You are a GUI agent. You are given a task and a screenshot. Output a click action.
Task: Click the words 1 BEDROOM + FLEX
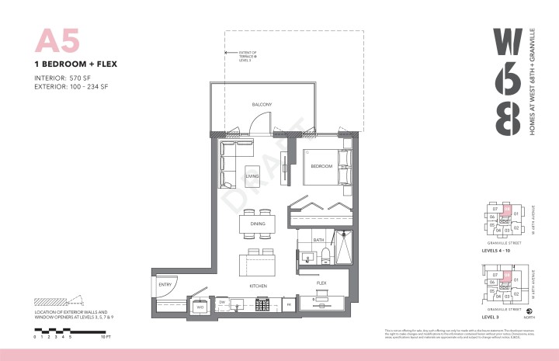pyautogui.click(x=76, y=64)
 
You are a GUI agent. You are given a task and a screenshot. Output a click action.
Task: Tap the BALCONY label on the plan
pyautogui.click(x=261, y=104)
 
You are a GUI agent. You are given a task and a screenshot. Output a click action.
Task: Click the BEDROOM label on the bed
pyautogui.click(x=321, y=167)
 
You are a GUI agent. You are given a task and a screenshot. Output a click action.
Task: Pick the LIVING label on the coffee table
pyautogui.click(x=252, y=176)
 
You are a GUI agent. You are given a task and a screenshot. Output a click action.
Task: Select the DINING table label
pyautogui.click(x=258, y=224)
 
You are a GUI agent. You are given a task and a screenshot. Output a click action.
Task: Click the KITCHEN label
pyautogui.click(x=259, y=286)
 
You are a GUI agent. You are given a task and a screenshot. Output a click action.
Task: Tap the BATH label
pyautogui.click(x=318, y=241)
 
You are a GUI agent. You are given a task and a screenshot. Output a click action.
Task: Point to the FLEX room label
pyautogui.click(x=321, y=283)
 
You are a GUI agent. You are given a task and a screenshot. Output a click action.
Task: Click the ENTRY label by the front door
pyautogui.click(x=165, y=285)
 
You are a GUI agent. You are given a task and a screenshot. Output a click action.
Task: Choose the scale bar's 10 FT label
pyautogui.click(x=106, y=338)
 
